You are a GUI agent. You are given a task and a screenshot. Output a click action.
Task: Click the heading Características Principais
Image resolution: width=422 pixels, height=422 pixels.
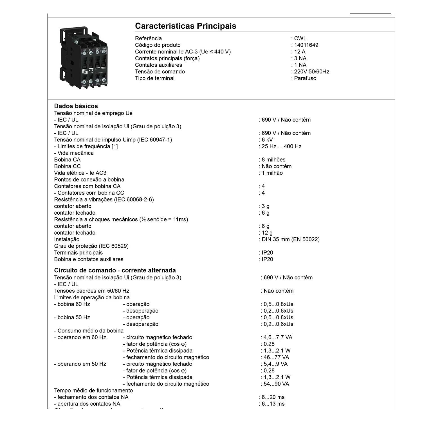click(x=185, y=26)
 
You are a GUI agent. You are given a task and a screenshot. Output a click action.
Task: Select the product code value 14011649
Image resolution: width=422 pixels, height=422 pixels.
click(x=306, y=45)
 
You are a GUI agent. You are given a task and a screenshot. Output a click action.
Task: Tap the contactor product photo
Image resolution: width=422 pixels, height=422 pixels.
click(x=84, y=57)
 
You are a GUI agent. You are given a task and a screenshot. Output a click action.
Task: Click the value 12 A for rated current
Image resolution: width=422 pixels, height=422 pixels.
click(x=300, y=52)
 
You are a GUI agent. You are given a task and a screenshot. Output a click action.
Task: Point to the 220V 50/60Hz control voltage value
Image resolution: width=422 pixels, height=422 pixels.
click(x=311, y=72)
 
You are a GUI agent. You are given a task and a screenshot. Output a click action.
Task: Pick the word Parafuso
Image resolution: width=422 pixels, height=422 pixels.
click(x=305, y=78)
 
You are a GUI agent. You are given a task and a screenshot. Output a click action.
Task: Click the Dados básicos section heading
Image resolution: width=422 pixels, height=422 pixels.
click(x=76, y=106)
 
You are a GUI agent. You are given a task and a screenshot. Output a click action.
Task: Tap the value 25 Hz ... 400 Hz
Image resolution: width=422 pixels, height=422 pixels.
click(x=281, y=147)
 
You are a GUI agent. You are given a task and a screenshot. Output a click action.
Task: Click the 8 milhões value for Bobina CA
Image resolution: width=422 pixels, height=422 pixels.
click(x=273, y=160)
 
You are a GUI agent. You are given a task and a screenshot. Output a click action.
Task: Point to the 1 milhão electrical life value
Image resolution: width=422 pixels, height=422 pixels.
click(x=272, y=173)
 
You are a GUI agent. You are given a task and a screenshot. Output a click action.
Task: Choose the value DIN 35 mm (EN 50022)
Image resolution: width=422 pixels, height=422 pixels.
click(x=290, y=240)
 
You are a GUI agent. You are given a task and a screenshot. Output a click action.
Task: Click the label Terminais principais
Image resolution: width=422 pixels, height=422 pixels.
click(x=78, y=253)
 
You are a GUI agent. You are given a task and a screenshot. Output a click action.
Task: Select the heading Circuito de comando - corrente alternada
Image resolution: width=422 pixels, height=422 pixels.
click(x=115, y=270)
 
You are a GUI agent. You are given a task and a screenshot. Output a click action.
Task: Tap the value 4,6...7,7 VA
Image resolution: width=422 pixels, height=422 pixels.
click(x=278, y=337)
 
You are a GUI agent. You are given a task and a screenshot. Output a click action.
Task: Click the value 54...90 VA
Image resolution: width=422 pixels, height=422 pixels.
click(x=277, y=384)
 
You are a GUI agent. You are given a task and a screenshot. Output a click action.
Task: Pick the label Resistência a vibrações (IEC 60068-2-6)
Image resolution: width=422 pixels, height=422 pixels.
click(x=104, y=200)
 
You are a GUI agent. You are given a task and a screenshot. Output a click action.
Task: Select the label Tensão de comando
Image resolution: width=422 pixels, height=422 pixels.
click(x=160, y=72)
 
